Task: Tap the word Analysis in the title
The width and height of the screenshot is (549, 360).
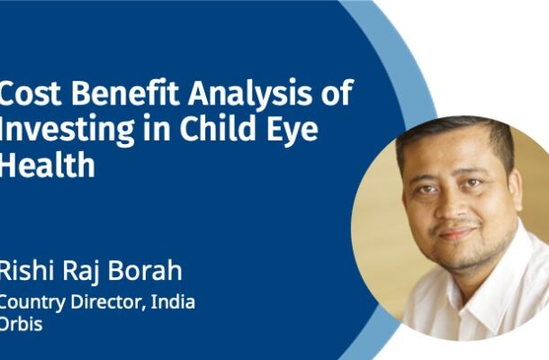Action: pos(249,94)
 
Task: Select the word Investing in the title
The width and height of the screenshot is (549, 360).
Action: pos(67,130)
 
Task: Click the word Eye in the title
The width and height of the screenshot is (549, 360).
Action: pos(296,130)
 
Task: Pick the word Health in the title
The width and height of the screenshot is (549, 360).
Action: pos(48,164)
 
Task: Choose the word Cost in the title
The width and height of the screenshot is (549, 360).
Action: pos(31,93)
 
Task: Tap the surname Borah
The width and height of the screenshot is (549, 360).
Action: pos(144,270)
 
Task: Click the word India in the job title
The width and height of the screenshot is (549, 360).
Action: pos(173,301)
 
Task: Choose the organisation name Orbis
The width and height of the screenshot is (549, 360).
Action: pos(21,324)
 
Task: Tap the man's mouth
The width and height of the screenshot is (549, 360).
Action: pos(456,233)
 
